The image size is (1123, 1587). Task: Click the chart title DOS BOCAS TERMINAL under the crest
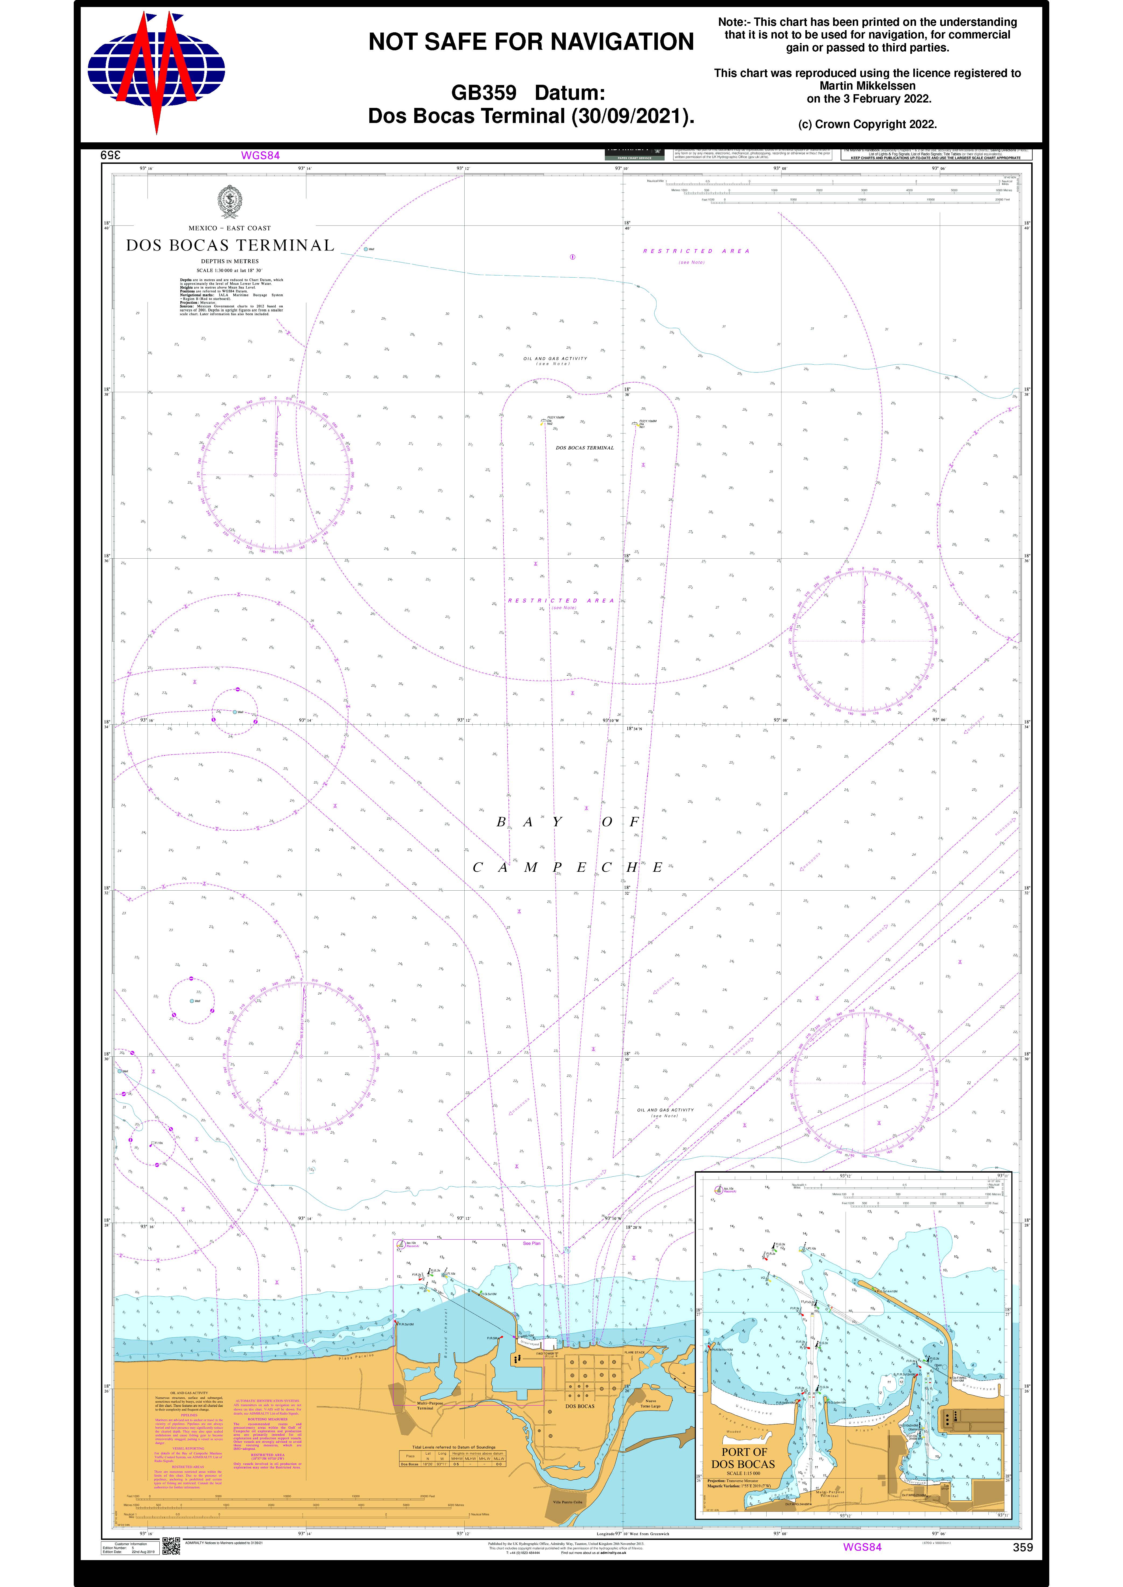(x=230, y=245)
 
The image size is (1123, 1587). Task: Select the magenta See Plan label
(x=531, y=1243)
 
